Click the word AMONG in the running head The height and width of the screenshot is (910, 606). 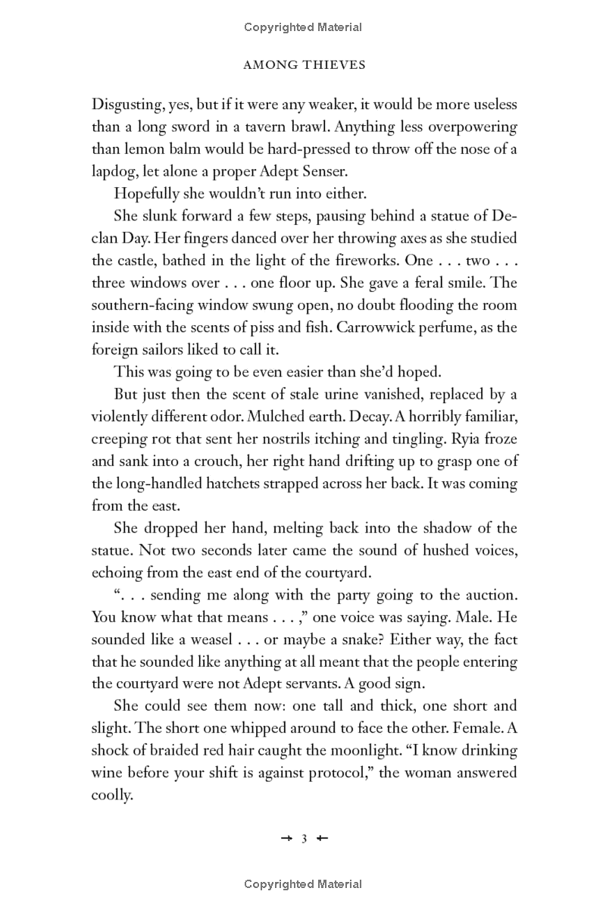point(271,65)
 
